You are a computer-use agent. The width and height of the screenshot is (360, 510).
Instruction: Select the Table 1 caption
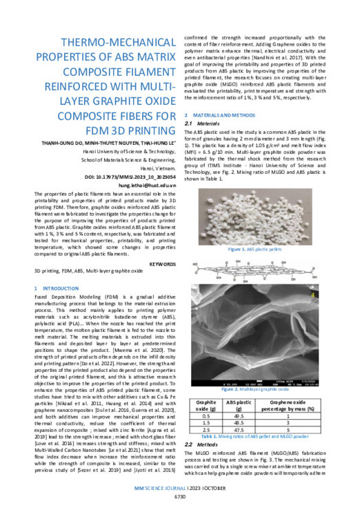click(x=261, y=438)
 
